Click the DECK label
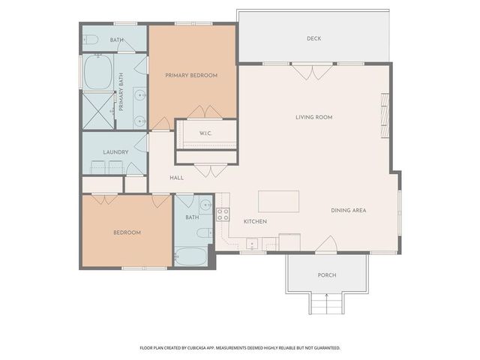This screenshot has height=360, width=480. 313,39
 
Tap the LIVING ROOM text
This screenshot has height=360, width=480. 313,117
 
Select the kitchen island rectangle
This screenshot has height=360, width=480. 278,202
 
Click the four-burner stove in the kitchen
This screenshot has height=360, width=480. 223,214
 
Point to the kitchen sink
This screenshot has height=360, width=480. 252,244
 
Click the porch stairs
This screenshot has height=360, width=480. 325,303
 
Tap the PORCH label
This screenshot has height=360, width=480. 326,275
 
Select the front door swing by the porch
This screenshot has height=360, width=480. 325,244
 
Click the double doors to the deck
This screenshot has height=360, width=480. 313,71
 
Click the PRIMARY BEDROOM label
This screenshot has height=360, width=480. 191,75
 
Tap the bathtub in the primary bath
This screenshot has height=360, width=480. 97,74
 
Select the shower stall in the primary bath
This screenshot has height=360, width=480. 97,109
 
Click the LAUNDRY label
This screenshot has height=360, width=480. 115,152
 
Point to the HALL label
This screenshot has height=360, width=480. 176,178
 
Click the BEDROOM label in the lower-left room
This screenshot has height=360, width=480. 127,232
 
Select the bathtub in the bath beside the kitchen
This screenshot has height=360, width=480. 191,256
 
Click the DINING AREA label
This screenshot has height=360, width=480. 348,210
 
